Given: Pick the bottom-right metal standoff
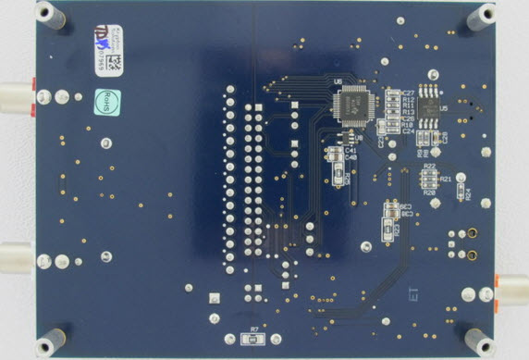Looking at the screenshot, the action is (x=480, y=341).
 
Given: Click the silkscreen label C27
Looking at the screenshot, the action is (x=408, y=93).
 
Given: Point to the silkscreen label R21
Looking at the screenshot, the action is (x=446, y=178).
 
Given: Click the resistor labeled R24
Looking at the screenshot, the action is (x=460, y=192).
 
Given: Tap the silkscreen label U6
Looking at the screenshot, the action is (x=338, y=81).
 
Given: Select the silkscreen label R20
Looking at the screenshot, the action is (x=428, y=193).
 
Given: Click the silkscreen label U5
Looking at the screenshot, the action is (x=444, y=109).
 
